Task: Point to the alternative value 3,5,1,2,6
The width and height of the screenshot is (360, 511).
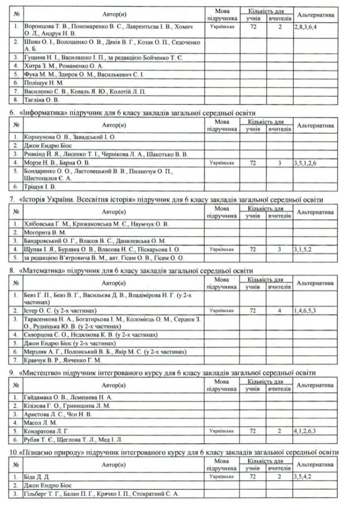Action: (x=308, y=163)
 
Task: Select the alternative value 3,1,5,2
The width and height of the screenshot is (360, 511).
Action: (x=306, y=248)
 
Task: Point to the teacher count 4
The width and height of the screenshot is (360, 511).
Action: (x=280, y=310)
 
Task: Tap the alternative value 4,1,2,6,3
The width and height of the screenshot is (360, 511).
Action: (x=308, y=430)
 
